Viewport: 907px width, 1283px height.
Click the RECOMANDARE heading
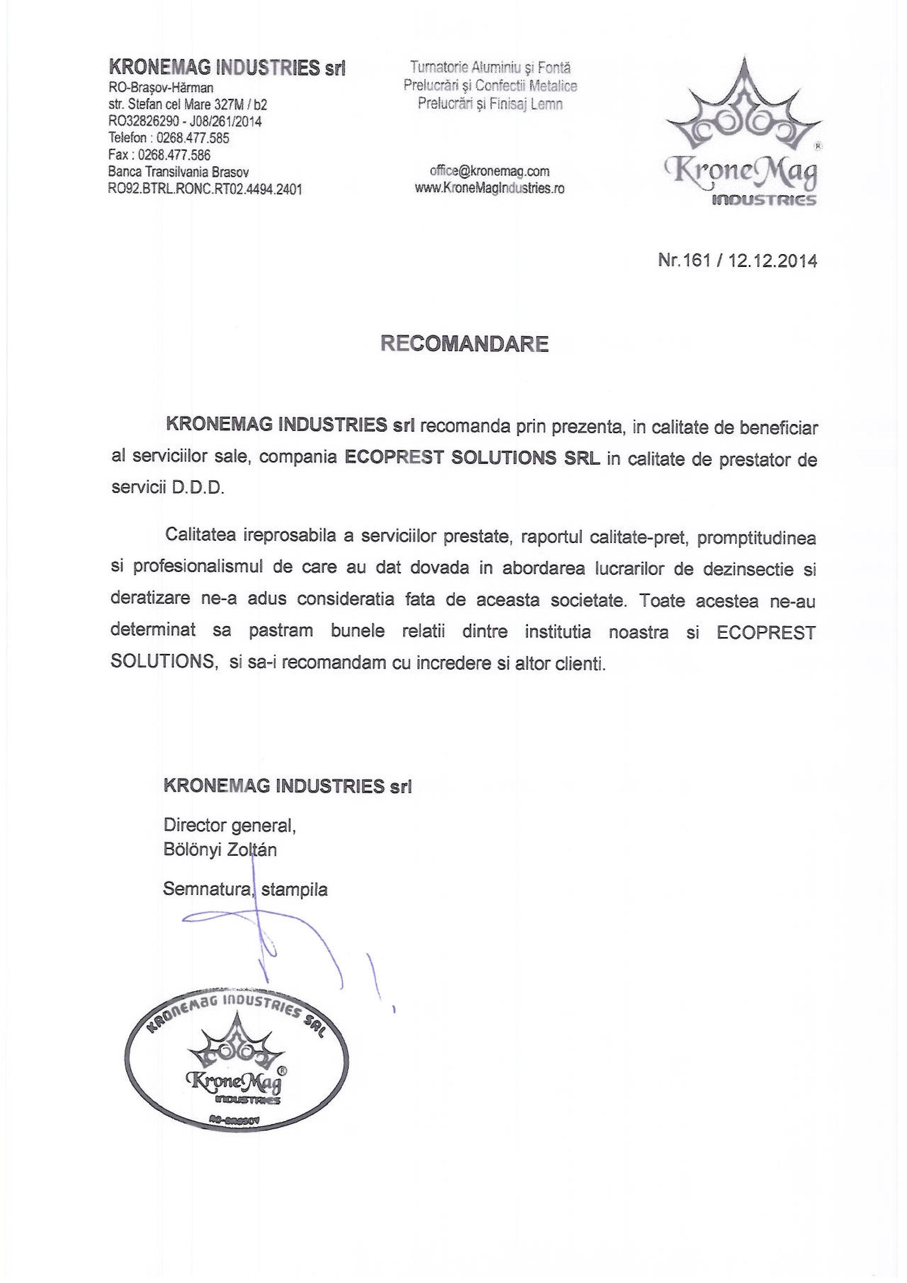coord(464,344)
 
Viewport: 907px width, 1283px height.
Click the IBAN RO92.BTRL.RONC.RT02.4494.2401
coord(205,189)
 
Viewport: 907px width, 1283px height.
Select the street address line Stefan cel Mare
coord(188,104)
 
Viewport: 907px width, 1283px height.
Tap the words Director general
coord(229,825)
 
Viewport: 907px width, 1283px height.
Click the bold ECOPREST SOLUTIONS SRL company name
coord(472,458)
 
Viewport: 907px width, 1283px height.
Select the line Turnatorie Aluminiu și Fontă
coord(490,68)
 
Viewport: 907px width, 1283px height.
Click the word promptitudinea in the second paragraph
coord(757,538)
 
